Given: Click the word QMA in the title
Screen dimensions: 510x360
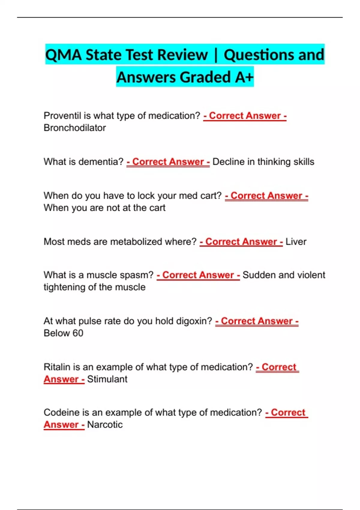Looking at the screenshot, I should [63, 55].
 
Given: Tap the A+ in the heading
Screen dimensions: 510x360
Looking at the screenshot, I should [244, 77].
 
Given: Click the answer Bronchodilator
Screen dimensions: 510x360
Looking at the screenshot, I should [75, 128].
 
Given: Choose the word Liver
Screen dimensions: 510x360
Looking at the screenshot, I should [296, 242].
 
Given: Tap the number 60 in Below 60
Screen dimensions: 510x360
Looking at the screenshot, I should [78, 333].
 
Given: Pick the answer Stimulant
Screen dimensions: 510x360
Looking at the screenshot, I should [107, 379].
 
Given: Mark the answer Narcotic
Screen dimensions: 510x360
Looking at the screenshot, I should [105, 425].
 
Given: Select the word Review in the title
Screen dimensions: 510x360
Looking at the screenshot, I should [182, 55].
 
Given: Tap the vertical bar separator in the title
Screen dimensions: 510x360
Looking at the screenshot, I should [216, 55].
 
